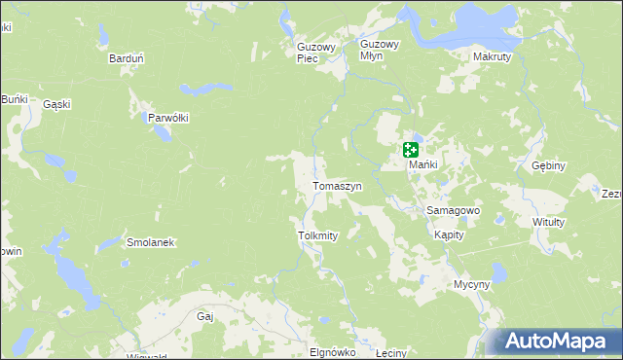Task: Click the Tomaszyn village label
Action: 337,186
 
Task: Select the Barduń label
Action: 127,58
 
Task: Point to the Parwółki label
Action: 167,118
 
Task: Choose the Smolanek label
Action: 150,242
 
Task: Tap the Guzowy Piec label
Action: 316,52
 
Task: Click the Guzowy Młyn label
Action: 380,50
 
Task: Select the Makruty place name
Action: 492,57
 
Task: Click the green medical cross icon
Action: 410,150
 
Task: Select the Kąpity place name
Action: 449,234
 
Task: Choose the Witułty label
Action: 549,222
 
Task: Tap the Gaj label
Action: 204,316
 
